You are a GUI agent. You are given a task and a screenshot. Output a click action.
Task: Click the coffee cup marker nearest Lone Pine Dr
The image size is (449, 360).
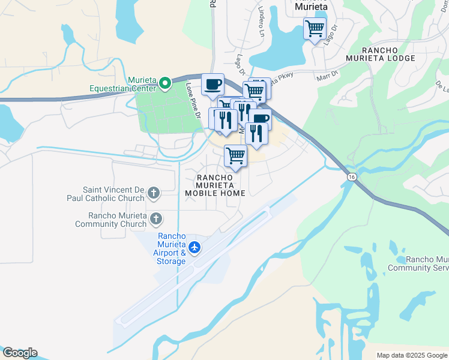pos(212,84)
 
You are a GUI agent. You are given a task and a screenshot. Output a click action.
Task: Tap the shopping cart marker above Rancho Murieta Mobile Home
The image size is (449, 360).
pos(235,156)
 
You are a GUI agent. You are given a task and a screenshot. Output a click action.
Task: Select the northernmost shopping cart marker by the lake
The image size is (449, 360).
pos(315,28)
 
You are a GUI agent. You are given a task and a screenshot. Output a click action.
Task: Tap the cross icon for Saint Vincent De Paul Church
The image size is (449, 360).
pos(154,193)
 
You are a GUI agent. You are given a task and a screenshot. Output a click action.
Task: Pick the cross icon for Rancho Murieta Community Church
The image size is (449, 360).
pos(156,218)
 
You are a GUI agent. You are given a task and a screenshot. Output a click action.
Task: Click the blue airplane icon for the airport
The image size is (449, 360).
pos(194,247)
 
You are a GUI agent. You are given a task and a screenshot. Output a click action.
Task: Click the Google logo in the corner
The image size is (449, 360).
pos(20,353)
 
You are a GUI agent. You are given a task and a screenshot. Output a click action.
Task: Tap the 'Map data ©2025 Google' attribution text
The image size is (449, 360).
pos(412,355)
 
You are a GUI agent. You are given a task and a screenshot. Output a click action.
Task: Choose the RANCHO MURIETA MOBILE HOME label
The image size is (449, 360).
pos(215,185)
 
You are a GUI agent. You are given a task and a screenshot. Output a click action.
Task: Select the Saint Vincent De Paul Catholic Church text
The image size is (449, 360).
pos(114,193)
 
